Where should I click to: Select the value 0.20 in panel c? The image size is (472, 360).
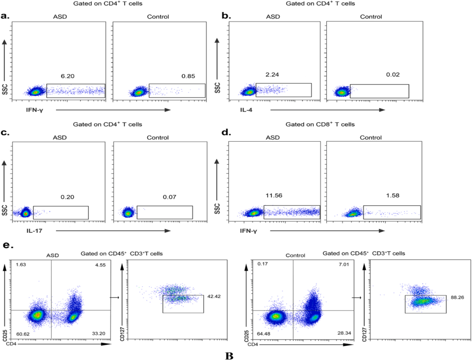click(67, 197)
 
